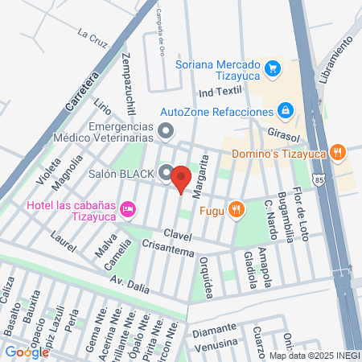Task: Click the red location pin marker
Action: [x=181, y=179]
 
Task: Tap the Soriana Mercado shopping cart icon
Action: [x=274, y=68]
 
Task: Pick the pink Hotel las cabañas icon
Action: [x=127, y=210]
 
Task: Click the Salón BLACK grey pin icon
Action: [x=165, y=172]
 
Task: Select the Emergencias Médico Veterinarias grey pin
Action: [x=166, y=130]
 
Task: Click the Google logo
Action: [x=27, y=352]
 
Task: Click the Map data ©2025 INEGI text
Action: [x=314, y=355]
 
